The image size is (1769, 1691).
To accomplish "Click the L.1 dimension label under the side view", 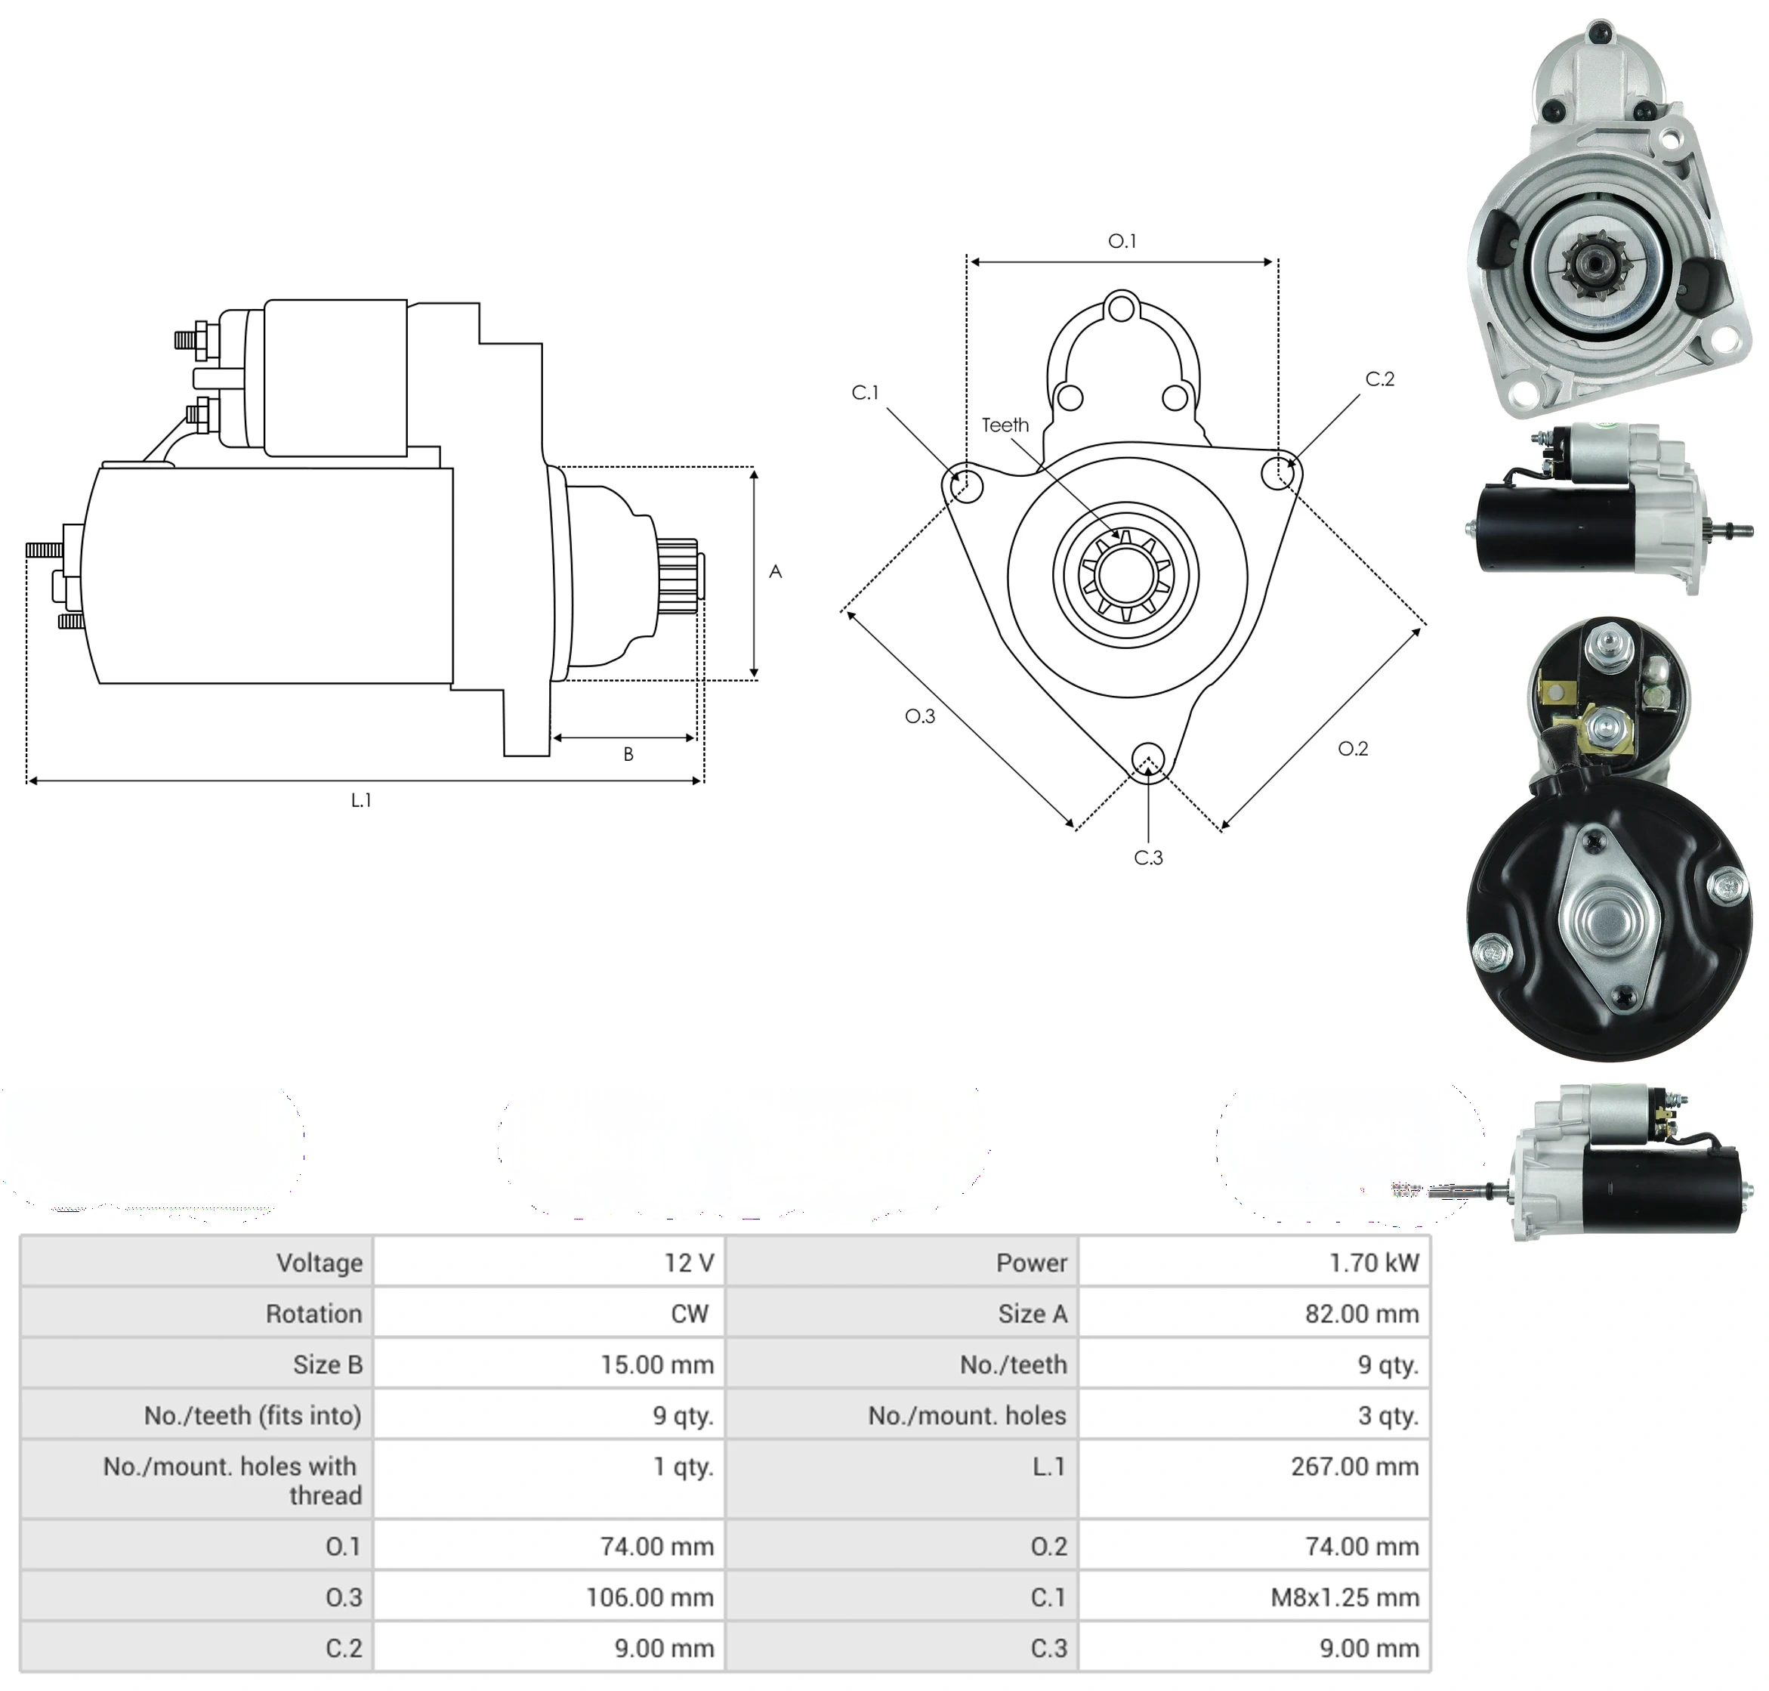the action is pyautogui.click(x=360, y=799).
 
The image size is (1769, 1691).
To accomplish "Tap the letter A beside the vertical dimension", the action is pyautogui.click(x=775, y=571).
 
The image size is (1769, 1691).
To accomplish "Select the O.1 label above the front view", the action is pyautogui.click(x=1121, y=241).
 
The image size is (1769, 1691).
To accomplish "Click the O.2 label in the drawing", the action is pyautogui.click(x=1353, y=748).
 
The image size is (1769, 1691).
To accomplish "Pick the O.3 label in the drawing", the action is pyautogui.click(x=920, y=716).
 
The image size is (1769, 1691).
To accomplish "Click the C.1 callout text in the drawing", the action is pyautogui.click(x=865, y=392).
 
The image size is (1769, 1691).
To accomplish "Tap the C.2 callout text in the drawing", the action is pyautogui.click(x=1380, y=379).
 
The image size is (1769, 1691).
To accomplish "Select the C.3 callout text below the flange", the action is pyautogui.click(x=1148, y=858).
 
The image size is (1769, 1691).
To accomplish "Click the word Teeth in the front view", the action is pyautogui.click(x=1005, y=425).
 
